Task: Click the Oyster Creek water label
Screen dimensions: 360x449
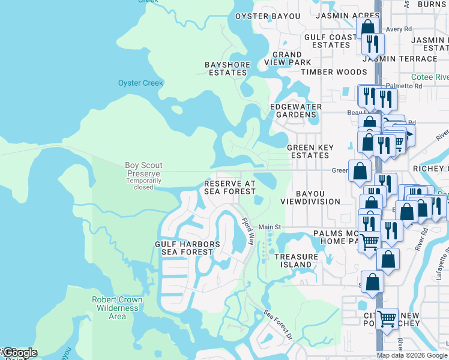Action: [x=140, y=83]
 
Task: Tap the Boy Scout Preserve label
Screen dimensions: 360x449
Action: [x=143, y=169]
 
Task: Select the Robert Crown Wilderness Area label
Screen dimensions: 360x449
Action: [x=117, y=308]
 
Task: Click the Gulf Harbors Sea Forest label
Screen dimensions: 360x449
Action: [x=187, y=248]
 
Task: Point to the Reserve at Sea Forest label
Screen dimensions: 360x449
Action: [x=230, y=187]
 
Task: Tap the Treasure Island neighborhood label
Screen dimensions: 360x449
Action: [x=296, y=260]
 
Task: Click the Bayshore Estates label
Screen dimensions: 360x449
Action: [x=226, y=68]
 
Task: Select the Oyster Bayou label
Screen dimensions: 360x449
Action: [x=267, y=16]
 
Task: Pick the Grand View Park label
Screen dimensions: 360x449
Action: [x=292, y=58]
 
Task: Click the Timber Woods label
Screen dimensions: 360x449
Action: [x=334, y=72]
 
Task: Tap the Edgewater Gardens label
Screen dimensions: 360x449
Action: [x=295, y=110]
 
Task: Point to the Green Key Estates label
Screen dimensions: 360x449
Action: [x=308, y=151]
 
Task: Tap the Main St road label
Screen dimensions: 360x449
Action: [x=270, y=227]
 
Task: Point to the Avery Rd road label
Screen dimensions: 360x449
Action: [x=399, y=28]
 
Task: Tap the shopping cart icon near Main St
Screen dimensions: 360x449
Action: [x=370, y=241]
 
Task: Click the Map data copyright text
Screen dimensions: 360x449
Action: [x=412, y=355]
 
